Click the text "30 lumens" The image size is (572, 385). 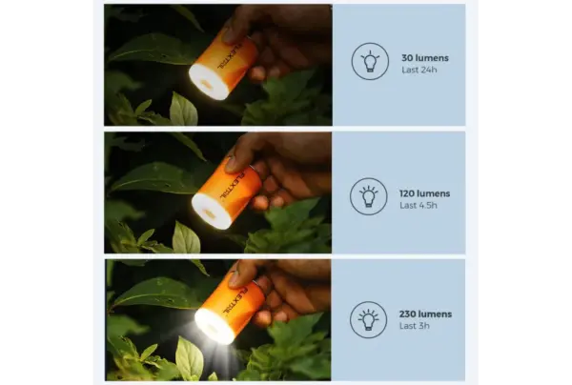[425, 58]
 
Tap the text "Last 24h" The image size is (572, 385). [419, 70]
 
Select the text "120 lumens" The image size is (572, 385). [424, 193]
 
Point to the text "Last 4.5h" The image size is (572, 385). [419, 205]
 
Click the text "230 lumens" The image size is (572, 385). [425, 314]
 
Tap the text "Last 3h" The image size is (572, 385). [414, 326]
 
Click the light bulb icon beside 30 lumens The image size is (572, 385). [370, 61]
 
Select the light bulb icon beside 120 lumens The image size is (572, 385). [368, 196]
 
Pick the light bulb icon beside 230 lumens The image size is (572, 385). [368, 320]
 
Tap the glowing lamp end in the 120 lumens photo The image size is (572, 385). [208, 212]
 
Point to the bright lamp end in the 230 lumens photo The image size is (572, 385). [213, 326]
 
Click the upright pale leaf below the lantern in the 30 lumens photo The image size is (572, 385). [183, 110]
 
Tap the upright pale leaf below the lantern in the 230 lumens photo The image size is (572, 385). [189, 358]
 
